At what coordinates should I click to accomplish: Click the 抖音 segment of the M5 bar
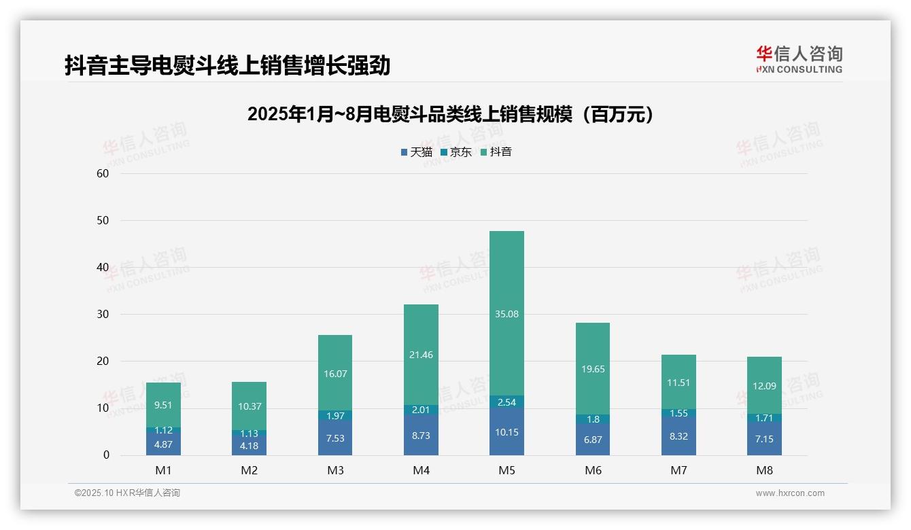[x=506, y=313]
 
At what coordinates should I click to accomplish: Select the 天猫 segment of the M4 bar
[x=421, y=435]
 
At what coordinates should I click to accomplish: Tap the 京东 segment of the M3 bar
[x=335, y=416]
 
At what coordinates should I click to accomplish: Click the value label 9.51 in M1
[x=163, y=406]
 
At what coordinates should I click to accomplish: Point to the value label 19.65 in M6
[x=592, y=369]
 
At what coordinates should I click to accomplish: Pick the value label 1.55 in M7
[x=678, y=413]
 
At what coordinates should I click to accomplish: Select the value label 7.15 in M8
[x=764, y=439]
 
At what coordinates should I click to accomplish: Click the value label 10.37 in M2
[x=249, y=406]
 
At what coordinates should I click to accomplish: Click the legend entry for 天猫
[x=416, y=152]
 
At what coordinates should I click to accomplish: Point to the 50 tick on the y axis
[x=103, y=220]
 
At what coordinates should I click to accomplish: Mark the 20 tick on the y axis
[x=103, y=361]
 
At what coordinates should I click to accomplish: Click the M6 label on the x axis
[x=593, y=470]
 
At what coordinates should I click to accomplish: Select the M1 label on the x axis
[x=163, y=470]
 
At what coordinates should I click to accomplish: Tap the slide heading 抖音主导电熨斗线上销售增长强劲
[x=228, y=66]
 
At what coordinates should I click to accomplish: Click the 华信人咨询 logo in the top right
[x=799, y=59]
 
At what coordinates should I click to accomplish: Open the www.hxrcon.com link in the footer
[x=790, y=493]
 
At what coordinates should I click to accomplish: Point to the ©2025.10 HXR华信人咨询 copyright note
[x=127, y=493]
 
